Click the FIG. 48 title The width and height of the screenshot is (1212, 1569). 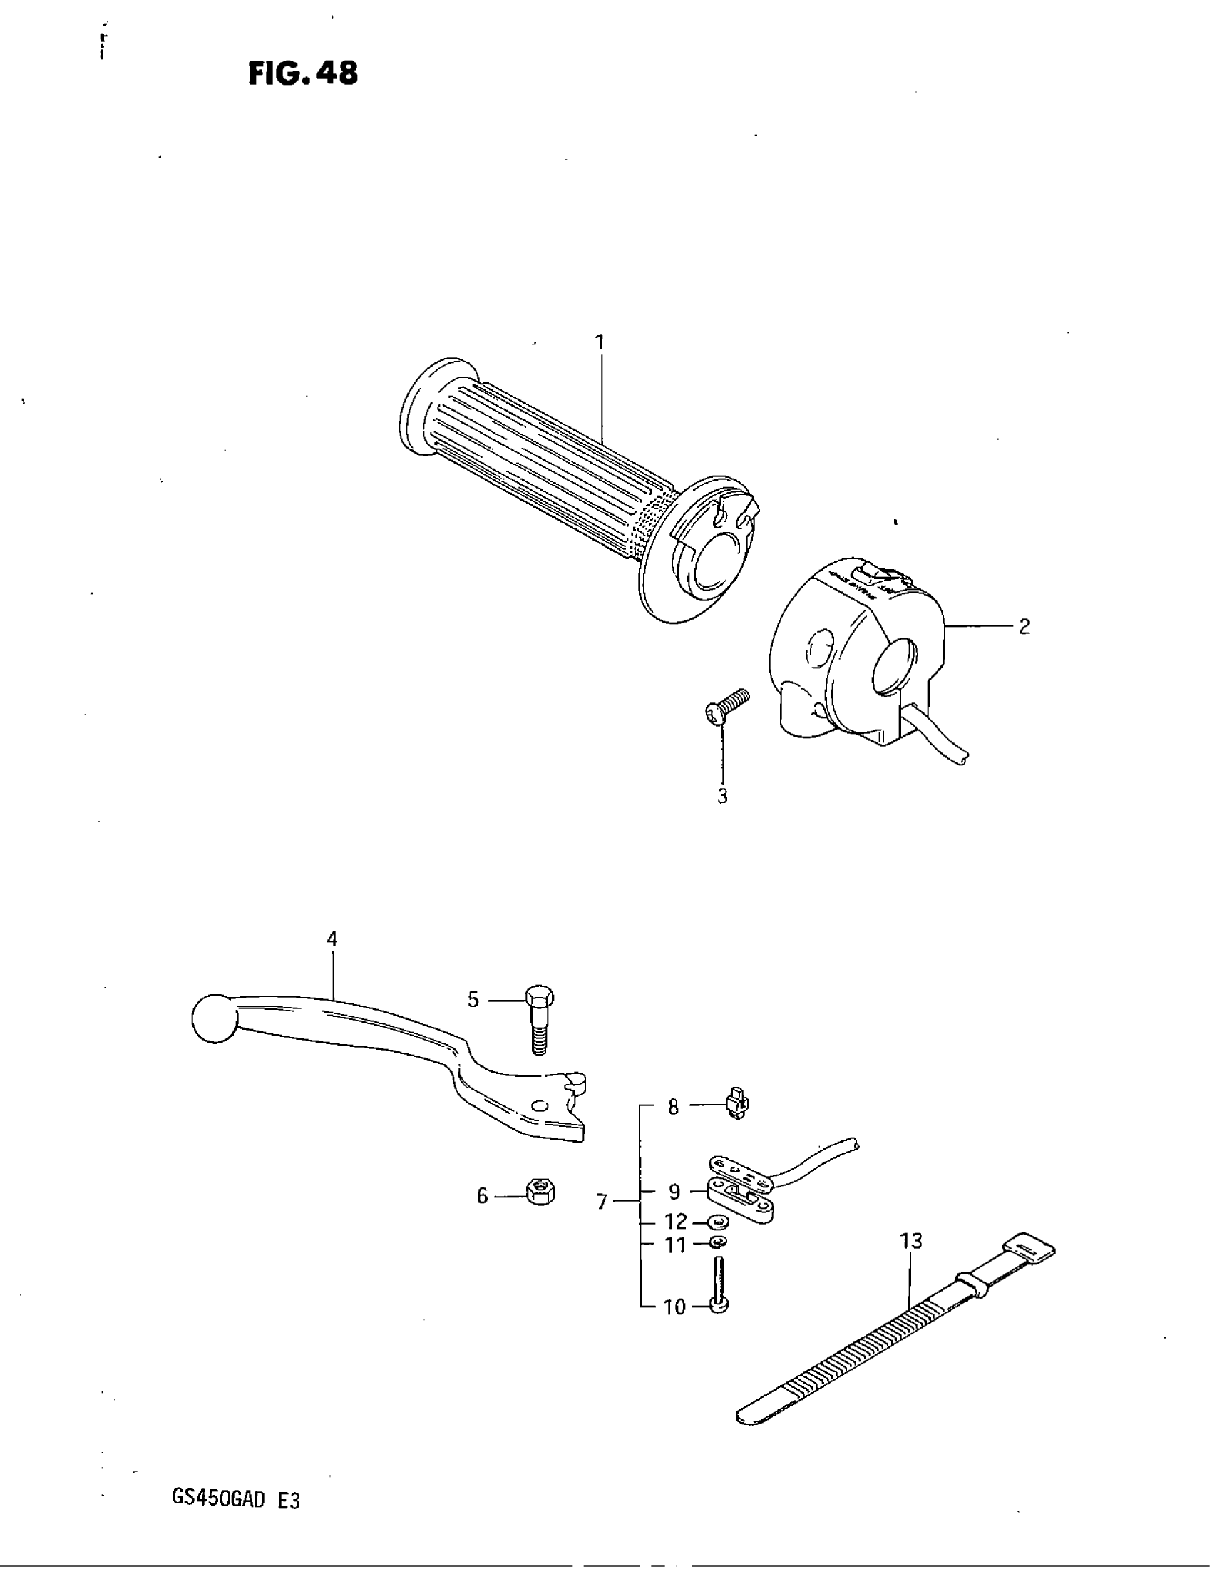(302, 73)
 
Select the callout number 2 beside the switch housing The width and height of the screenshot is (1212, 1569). (1024, 627)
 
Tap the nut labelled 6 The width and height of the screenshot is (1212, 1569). (538, 1193)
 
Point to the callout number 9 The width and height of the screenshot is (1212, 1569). (674, 1192)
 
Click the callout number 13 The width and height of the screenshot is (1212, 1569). (910, 1241)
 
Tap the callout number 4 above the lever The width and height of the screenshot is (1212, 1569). (332, 939)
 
